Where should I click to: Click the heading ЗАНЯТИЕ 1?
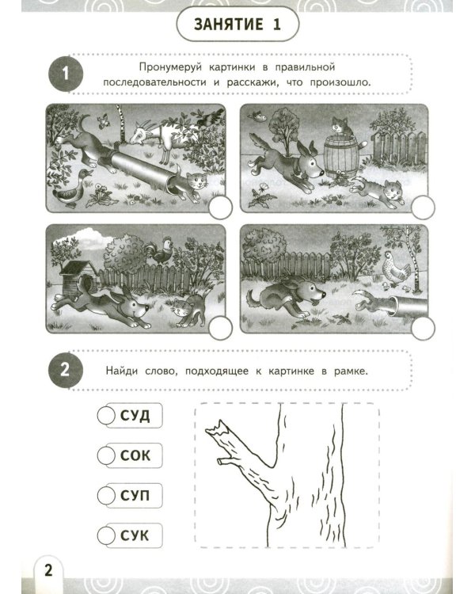(237, 25)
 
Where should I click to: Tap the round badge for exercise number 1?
(66, 74)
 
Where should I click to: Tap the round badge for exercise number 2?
(66, 371)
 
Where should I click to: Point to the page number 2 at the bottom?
(47, 569)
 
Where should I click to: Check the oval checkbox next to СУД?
(104, 415)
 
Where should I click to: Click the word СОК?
(135, 455)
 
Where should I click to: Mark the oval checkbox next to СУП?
(104, 496)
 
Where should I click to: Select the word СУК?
(135, 535)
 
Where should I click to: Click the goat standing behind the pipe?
(162, 133)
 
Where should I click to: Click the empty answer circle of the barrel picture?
(424, 208)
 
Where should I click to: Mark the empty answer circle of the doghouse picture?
(223, 325)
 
